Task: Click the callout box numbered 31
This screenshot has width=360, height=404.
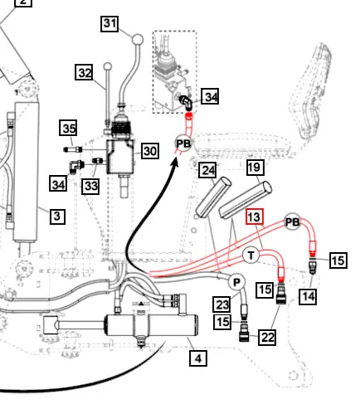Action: pos(109,23)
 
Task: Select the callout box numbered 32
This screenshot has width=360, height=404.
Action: pos(85,72)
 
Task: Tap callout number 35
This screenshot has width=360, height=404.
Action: pos(69,128)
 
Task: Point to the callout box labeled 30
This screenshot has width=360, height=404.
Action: pos(150,151)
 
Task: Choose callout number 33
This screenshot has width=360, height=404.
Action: pos(90,186)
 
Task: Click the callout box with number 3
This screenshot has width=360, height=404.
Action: pos(57,216)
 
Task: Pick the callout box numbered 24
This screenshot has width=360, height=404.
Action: pos(207,170)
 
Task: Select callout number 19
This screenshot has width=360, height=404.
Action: pos(255,168)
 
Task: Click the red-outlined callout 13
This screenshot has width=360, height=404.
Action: pos(255,217)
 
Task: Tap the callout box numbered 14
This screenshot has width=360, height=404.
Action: pos(308,296)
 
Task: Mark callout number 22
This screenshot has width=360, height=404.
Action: pos(267,337)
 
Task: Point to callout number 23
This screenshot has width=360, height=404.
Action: pos(221,304)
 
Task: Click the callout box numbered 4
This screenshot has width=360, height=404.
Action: pos(198,358)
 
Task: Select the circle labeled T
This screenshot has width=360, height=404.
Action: pos(251,256)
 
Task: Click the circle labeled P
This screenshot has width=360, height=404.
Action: pos(236,282)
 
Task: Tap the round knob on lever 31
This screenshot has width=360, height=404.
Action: pos(138,40)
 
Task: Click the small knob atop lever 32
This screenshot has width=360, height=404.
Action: pos(108,66)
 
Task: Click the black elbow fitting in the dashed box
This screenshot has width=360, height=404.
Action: pos(186,102)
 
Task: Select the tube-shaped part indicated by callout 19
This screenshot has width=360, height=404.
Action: pos(246,200)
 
